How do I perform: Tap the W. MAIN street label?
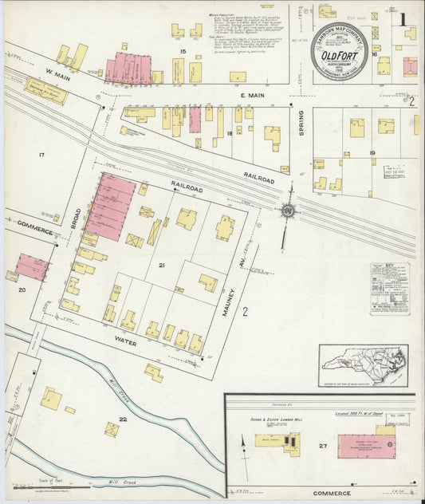[x=36, y=76]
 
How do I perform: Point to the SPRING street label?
[x=301, y=123]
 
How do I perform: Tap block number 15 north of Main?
[x=183, y=52]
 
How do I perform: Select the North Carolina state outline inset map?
[x=363, y=364]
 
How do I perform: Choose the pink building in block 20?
[x=32, y=266]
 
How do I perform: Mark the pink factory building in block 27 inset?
[x=362, y=447]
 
